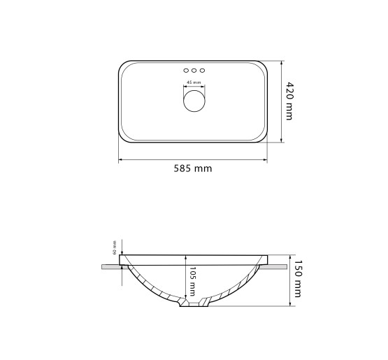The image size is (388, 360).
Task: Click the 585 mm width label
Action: point(193,168)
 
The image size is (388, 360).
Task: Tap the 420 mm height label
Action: point(289,101)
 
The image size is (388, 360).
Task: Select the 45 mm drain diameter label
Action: point(194,82)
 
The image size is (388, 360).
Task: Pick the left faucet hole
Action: point(186,71)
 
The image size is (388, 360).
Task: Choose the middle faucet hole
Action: point(194,71)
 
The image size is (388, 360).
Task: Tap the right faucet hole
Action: point(202,71)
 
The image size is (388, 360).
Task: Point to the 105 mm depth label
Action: point(192,281)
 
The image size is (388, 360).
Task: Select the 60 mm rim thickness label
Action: point(115,247)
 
